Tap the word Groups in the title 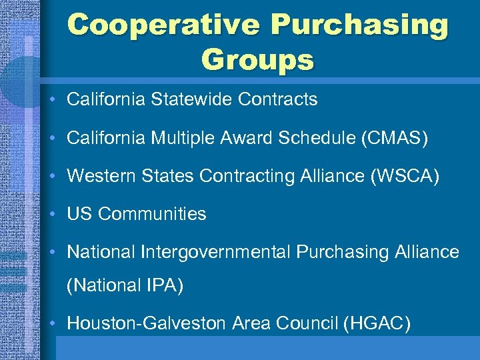[x=257, y=59]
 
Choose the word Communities [x=153, y=214]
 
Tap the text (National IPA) [x=125, y=286]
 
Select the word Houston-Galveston [x=147, y=324]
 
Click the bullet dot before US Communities [x=52, y=215]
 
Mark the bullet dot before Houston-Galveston [x=52, y=325]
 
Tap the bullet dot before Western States [x=52, y=177]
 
